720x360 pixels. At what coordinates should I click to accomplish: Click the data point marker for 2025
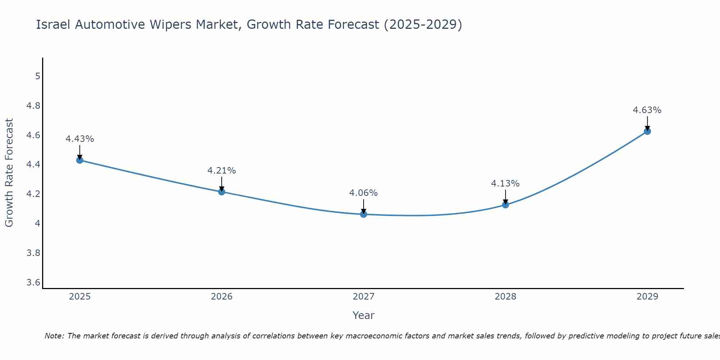click(80, 160)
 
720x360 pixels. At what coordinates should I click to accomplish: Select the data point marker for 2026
click(222, 192)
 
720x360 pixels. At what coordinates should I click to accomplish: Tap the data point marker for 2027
click(364, 214)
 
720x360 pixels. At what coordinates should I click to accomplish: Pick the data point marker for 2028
click(505, 205)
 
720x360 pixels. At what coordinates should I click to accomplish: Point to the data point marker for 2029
click(647, 131)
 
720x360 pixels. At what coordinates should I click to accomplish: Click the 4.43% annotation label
click(80, 139)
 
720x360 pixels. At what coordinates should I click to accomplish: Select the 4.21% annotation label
click(222, 171)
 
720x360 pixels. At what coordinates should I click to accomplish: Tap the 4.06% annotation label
click(364, 193)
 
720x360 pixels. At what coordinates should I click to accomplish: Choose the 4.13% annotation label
click(505, 184)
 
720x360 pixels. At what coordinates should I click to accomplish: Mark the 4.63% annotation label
click(647, 110)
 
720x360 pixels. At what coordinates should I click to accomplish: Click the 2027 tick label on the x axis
click(364, 297)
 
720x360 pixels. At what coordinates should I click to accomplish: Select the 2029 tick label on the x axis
click(647, 297)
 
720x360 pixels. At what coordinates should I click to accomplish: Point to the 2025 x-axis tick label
click(80, 297)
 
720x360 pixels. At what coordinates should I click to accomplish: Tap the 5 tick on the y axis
click(37, 76)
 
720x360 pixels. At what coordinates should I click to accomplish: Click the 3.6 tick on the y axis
click(33, 282)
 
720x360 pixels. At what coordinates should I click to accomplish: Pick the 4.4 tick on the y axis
click(33, 165)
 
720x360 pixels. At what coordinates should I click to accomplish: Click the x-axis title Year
click(364, 315)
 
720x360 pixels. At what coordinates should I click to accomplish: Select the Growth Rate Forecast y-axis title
click(9, 173)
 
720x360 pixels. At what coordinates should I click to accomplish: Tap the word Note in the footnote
click(54, 336)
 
